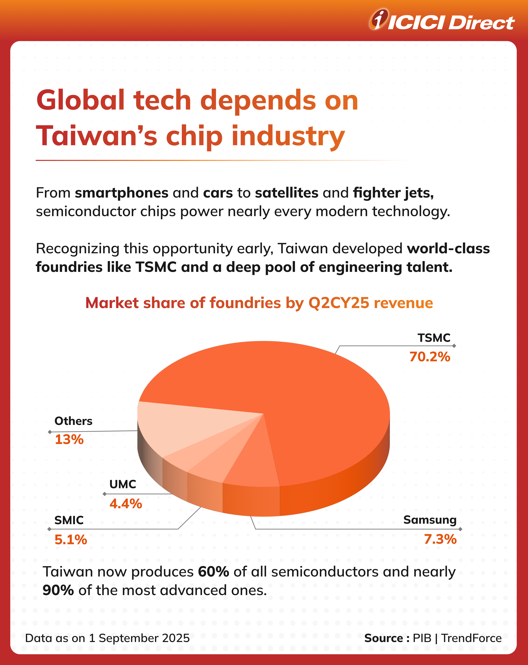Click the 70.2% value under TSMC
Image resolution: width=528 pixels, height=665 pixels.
pos(430,357)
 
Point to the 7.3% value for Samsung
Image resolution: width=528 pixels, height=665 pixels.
pos(440,539)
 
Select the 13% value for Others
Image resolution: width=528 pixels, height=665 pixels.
pos(69,440)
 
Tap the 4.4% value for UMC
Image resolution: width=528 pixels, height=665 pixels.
pos(126,504)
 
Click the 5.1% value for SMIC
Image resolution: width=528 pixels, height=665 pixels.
pos(71,540)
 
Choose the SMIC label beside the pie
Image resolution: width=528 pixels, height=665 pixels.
pos(69,520)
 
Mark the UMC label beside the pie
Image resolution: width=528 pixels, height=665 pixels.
pos(122,484)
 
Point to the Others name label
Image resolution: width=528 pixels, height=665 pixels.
pos(73,421)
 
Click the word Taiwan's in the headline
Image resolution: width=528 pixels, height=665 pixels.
pos(97,136)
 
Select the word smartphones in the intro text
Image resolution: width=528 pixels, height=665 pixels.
pos(121,193)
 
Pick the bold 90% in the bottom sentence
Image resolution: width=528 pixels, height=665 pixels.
pos(58,590)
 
